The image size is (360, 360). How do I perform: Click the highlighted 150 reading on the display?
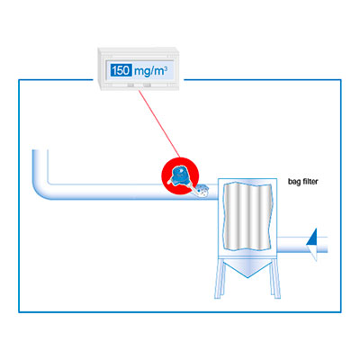click(x=121, y=71)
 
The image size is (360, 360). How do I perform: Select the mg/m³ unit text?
click(x=150, y=71)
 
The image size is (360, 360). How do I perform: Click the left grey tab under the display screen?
click(x=130, y=85)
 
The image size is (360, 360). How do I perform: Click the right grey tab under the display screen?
click(x=147, y=85)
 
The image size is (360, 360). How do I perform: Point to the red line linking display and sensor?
click(x=159, y=123)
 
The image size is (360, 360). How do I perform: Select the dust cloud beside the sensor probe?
click(x=202, y=190)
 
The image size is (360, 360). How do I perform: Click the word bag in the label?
click(x=294, y=182)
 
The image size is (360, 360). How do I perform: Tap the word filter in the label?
click(x=310, y=181)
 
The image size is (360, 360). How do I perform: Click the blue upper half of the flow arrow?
click(x=311, y=237)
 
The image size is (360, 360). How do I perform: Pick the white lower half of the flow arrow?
click(x=312, y=253)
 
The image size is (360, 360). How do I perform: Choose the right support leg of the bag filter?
click(x=276, y=278)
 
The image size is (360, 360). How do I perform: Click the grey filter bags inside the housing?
click(x=247, y=216)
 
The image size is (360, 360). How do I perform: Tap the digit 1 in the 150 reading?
click(x=113, y=71)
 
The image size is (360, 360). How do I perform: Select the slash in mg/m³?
click(x=153, y=71)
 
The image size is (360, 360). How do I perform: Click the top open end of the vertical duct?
click(x=40, y=150)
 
